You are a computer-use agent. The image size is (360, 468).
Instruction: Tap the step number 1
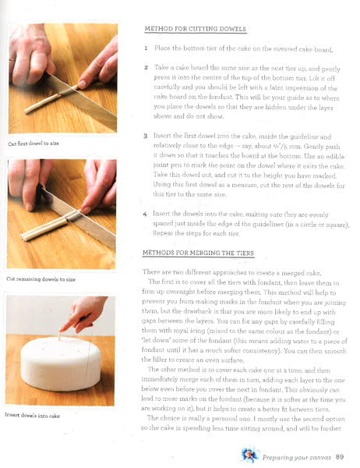pos(146,48)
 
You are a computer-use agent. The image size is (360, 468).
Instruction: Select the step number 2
pos(146,69)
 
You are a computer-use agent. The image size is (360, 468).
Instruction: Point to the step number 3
pos(146,136)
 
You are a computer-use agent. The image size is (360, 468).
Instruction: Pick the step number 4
pos(146,213)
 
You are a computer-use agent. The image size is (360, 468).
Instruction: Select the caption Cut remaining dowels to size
pos(41,278)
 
